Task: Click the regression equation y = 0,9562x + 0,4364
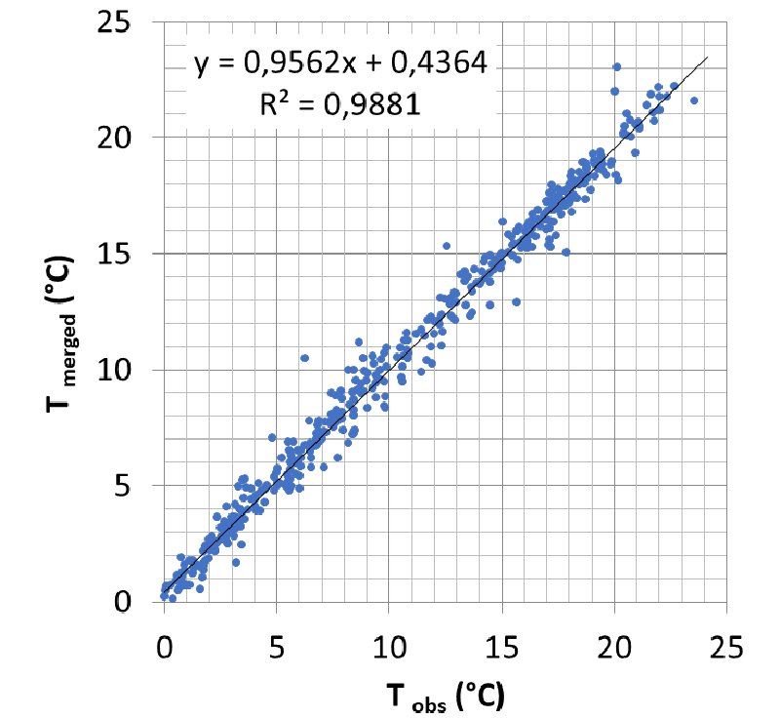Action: point(339,64)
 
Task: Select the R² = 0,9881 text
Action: point(339,104)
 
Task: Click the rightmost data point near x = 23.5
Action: point(694,100)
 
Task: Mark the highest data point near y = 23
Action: point(616,67)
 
